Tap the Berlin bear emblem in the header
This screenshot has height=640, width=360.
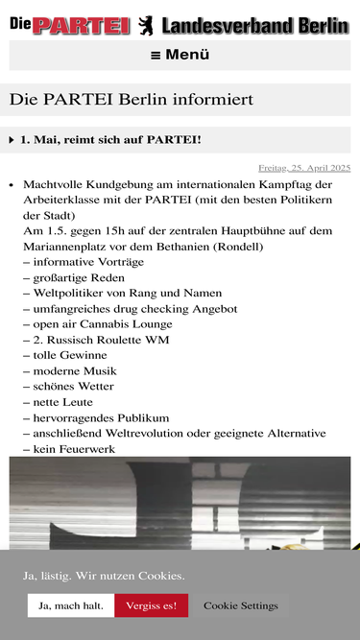[x=145, y=26]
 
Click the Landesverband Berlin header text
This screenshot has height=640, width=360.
[x=254, y=26]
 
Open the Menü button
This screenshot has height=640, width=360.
[x=180, y=55]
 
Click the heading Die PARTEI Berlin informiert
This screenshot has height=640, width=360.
[x=132, y=99]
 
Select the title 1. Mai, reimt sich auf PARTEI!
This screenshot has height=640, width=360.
[x=110, y=140]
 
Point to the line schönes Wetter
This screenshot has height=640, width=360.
[x=72, y=387]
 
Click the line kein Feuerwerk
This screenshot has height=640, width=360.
[x=71, y=449]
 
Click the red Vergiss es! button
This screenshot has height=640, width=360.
[x=151, y=605]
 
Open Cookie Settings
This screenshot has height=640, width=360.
[x=240, y=605]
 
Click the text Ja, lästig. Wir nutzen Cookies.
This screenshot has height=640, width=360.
[x=104, y=576]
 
